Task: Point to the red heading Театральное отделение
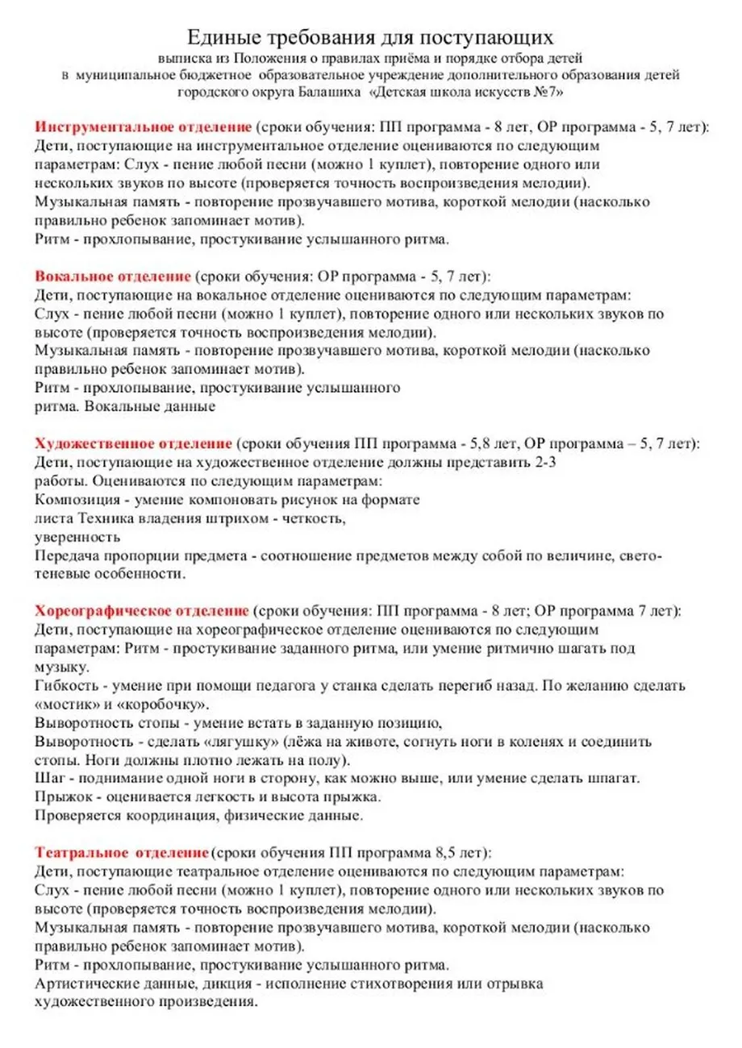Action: tap(121, 852)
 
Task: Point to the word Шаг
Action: tap(50, 778)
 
